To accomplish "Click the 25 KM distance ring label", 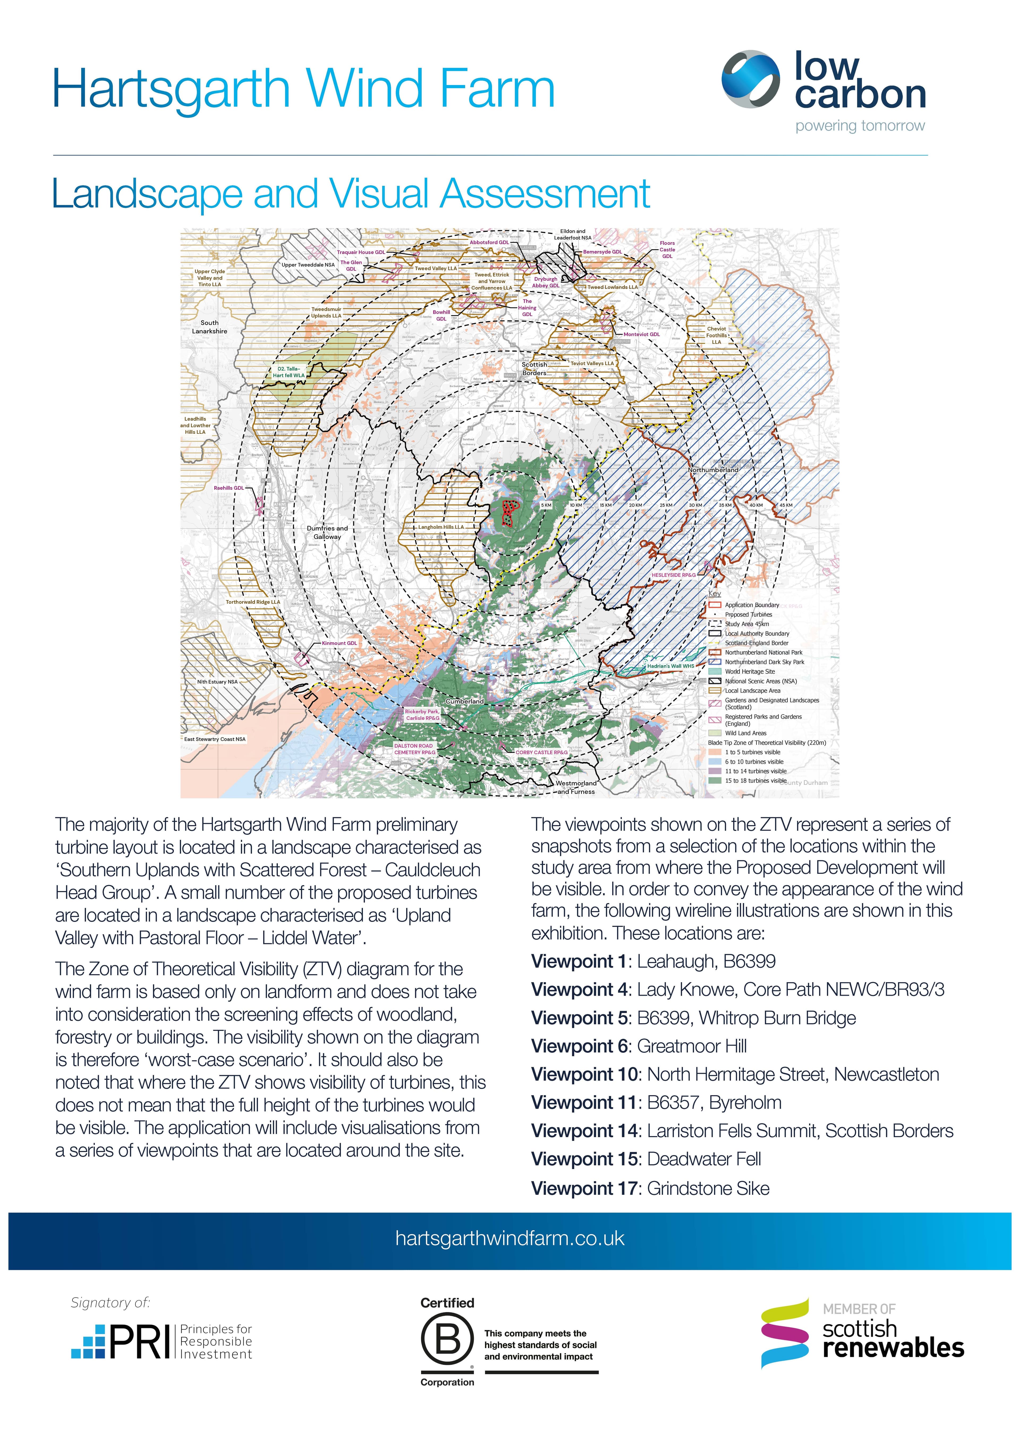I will point(666,505).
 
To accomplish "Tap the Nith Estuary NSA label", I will point(217,682).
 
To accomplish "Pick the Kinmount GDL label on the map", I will point(339,643).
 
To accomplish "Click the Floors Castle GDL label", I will point(667,249).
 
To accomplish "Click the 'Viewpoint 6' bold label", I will point(579,1046).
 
